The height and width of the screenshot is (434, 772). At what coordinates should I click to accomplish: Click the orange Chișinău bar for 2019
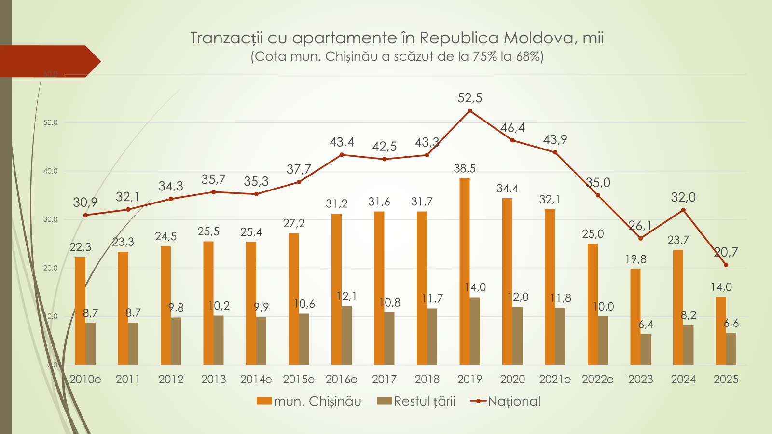(x=465, y=271)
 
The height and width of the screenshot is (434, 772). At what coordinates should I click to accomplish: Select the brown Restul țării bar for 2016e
(x=346, y=335)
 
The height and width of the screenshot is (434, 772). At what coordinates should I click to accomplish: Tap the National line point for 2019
(x=470, y=111)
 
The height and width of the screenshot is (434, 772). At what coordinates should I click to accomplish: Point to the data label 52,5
(x=470, y=98)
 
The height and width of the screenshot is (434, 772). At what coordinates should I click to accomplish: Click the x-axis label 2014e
(x=256, y=379)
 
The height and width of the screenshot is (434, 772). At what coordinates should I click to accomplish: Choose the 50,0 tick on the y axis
(x=50, y=122)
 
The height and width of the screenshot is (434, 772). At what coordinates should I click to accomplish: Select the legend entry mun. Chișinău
(x=309, y=401)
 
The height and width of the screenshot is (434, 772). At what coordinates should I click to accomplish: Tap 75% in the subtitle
(x=485, y=56)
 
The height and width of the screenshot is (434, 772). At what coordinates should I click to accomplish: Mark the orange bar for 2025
(x=721, y=330)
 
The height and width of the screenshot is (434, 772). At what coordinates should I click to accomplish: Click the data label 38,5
(x=465, y=168)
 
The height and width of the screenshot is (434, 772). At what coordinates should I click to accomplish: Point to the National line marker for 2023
(x=641, y=238)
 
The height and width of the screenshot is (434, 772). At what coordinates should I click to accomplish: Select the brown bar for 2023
(x=646, y=349)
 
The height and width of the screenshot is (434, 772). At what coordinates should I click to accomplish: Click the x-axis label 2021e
(x=555, y=379)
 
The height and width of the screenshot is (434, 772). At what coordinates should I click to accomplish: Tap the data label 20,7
(x=726, y=252)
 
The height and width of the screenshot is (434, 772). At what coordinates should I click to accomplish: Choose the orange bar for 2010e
(x=80, y=311)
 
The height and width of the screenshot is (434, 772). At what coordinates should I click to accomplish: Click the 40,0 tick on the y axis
(x=50, y=171)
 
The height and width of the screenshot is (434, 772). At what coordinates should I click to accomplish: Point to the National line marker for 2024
(x=683, y=210)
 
